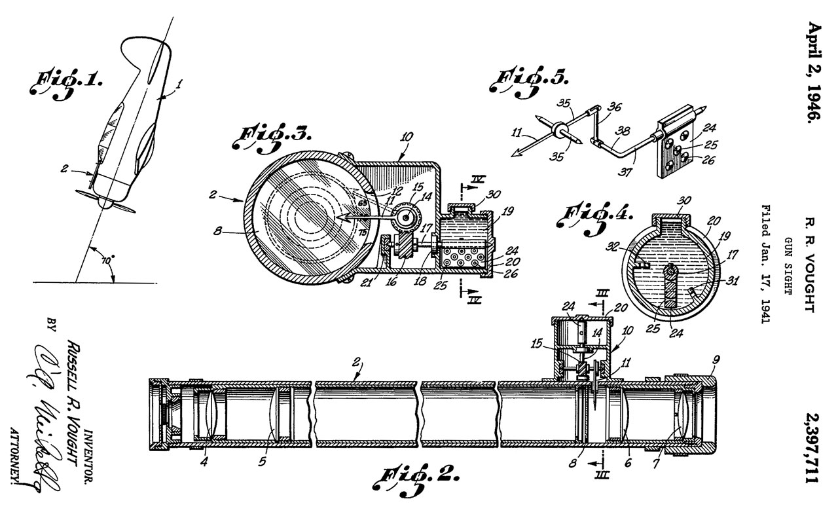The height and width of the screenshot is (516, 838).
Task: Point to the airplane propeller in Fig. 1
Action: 105,199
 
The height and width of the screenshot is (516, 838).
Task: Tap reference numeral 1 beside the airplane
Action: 180,83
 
